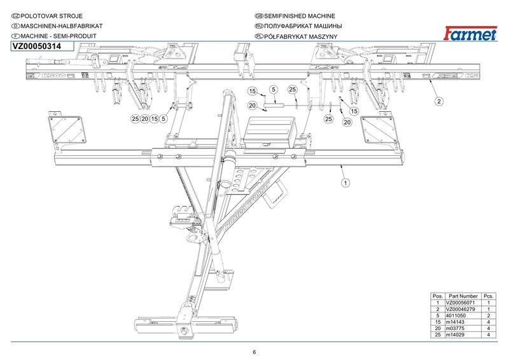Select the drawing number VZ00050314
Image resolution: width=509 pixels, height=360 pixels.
click(36, 47)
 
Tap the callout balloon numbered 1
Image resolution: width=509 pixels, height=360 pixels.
click(344, 183)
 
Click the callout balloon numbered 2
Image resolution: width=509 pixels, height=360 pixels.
click(439, 100)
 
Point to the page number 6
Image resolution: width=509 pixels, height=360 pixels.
click(254, 352)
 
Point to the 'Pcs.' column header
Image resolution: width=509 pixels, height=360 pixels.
click(489, 296)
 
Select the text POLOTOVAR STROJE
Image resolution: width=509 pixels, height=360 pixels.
click(51, 15)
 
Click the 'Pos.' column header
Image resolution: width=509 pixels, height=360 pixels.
click(437, 296)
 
